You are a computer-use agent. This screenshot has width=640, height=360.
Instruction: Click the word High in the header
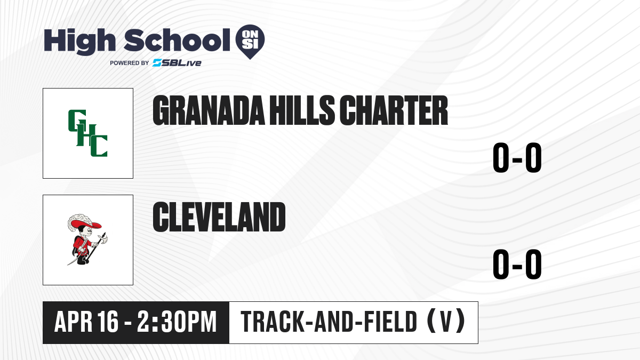[x=79, y=42]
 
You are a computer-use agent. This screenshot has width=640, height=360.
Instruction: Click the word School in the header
[x=177, y=41]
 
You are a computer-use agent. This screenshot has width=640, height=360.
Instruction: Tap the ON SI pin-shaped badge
[x=250, y=42]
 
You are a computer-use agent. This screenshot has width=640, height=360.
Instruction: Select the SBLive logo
[x=177, y=63]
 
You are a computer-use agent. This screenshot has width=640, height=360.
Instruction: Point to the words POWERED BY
[x=129, y=63]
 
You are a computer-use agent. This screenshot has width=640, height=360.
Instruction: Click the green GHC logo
[x=87, y=133]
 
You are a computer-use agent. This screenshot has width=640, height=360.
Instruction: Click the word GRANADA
[x=209, y=110]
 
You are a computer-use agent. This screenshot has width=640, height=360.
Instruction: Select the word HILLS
[x=302, y=110]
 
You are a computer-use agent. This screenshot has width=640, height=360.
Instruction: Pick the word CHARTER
[x=394, y=110]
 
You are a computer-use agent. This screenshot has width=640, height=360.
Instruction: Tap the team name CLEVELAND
[x=219, y=217]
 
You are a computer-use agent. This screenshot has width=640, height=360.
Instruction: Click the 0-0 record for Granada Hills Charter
[x=517, y=158]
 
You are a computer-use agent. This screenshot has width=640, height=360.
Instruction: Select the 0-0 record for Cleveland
[x=517, y=265]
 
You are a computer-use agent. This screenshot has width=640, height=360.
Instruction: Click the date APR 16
[x=86, y=322]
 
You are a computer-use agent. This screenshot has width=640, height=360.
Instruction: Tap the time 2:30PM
[x=177, y=322]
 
